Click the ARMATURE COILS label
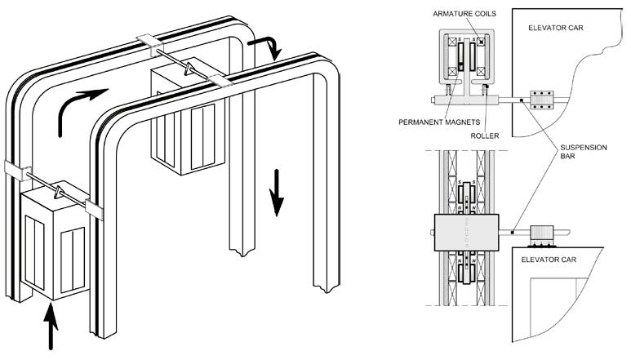pyautogui.click(x=464, y=14)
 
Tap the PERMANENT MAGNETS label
pyautogui.click(x=439, y=122)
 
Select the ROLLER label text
pyautogui.click(x=485, y=136)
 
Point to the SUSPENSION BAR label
pyautogui.click(x=584, y=152)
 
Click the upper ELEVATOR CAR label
pyautogui.click(x=555, y=28)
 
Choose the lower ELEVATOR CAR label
pyautogui.click(x=549, y=260)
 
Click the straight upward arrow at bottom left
pyautogui.click(x=51, y=327)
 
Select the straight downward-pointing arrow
pyautogui.click(x=277, y=193)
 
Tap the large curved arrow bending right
pyautogui.click(x=80, y=110)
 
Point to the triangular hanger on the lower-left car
pyautogui.click(x=59, y=192)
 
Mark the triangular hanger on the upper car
pyautogui.click(x=189, y=69)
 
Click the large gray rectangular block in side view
pyautogui.click(x=466, y=233)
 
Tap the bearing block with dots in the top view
pyautogui.click(x=542, y=100)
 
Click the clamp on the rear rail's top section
pyautogui.click(x=149, y=45)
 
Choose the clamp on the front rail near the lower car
pyautogui.click(x=94, y=210)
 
